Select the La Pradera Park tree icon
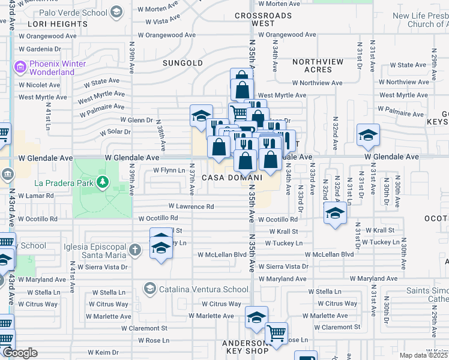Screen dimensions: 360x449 [x=103, y=181]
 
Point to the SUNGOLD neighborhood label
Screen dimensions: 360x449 [x=182, y=63]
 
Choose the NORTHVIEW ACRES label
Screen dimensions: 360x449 [x=318, y=65]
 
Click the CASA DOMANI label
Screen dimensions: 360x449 [x=232, y=178]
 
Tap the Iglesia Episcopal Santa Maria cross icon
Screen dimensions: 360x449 [x=136, y=249]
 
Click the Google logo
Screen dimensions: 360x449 [x=19, y=353]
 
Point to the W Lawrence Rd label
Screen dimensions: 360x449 [x=191, y=206]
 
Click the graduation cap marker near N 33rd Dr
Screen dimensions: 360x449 [x=335, y=213]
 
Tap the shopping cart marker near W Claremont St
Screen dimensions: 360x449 [x=276, y=333]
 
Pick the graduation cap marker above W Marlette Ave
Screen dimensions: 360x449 [x=256, y=317]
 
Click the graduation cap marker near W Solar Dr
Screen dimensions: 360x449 [x=201, y=116]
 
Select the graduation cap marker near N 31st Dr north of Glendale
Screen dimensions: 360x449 [x=368, y=135]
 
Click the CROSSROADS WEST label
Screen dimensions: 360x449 [x=263, y=20]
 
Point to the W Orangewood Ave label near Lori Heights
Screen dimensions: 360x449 [x=47, y=36]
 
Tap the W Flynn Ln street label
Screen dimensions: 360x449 [x=169, y=170]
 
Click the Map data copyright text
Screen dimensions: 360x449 [x=424, y=355]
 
